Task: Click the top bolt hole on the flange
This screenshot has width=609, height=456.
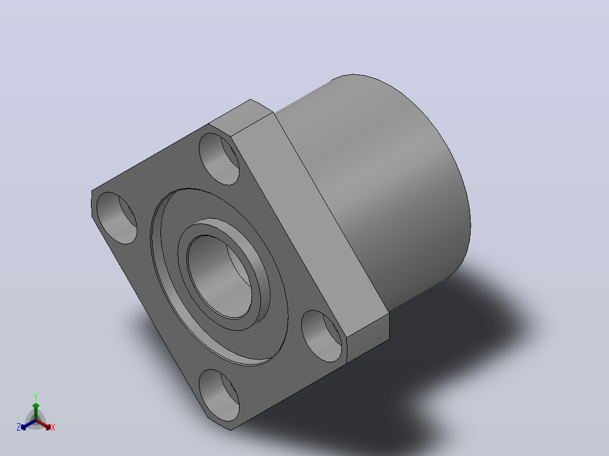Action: pos(219,159)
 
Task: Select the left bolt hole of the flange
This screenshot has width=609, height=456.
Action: pos(116,218)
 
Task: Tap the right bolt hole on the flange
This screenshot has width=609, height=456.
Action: pos(321,336)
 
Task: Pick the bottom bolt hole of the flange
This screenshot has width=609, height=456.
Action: pos(219,395)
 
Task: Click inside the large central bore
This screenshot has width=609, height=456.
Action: pos(220,277)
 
